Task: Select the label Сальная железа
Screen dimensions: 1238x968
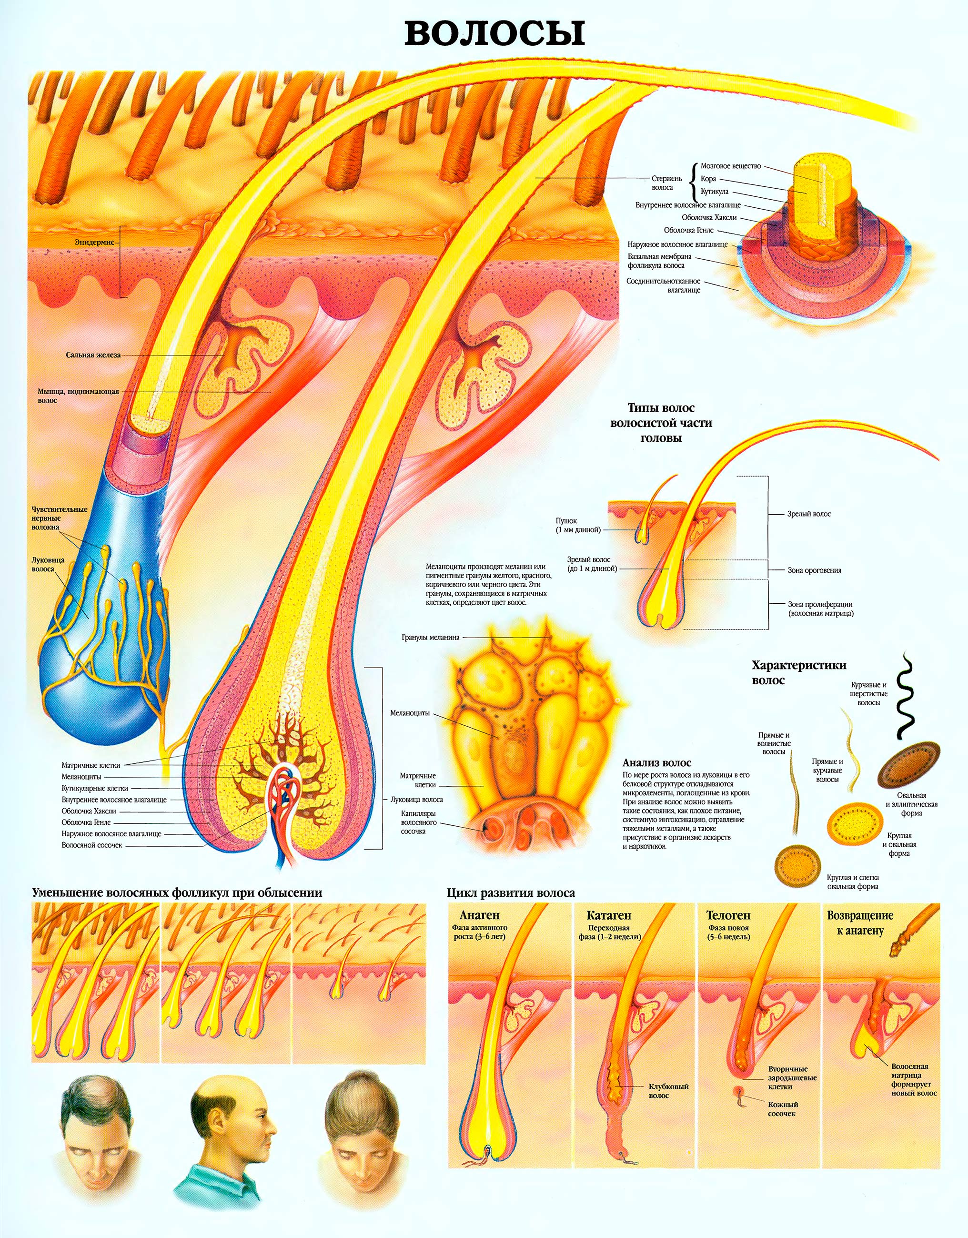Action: (x=93, y=355)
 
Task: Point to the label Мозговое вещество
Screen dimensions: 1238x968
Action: (x=731, y=166)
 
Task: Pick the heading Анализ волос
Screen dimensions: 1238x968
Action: (x=656, y=763)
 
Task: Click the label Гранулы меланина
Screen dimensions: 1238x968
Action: (x=431, y=637)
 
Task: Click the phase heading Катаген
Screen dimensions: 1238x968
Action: (x=609, y=915)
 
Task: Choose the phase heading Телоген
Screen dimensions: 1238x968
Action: (x=728, y=915)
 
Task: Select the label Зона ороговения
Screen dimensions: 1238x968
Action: (x=814, y=570)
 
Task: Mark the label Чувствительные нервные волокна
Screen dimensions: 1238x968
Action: (x=59, y=518)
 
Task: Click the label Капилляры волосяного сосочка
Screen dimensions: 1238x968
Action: (x=418, y=822)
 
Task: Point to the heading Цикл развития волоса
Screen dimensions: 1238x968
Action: (x=511, y=893)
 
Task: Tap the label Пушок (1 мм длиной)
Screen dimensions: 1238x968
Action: (x=577, y=526)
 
